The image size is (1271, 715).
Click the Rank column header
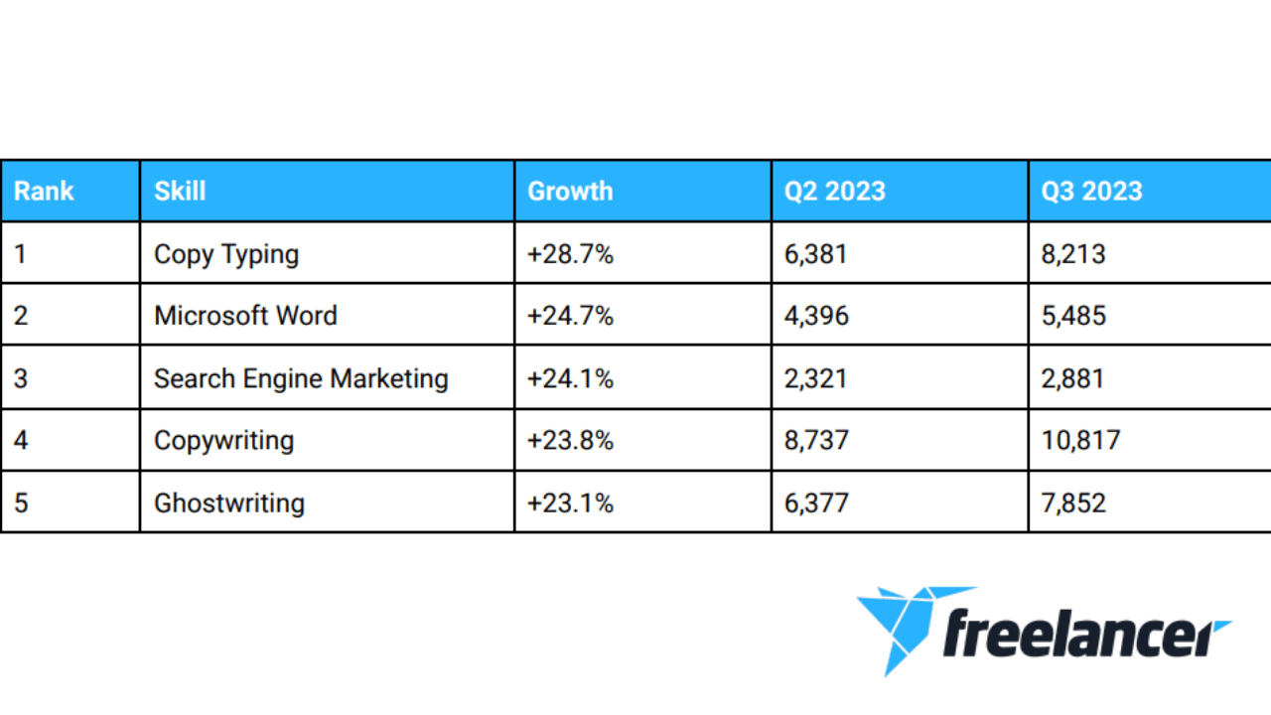(44, 192)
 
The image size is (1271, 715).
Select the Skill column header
(180, 192)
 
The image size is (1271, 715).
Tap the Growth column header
(570, 192)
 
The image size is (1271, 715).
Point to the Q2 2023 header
(835, 192)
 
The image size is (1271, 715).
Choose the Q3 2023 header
(1091, 192)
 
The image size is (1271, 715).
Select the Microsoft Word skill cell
(245, 316)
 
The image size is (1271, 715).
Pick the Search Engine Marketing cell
(301, 379)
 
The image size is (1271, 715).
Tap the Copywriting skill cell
(224, 441)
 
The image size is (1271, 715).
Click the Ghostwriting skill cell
(229, 503)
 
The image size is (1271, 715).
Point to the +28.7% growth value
(570, 254)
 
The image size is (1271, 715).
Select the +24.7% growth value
(570, 316)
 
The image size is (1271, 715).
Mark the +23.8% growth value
(570, 440)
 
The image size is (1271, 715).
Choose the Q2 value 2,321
(816, 379)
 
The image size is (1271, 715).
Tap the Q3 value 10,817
(1081, 441)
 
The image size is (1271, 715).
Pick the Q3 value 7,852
(1073, 503)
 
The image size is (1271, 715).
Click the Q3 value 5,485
(1073, 316)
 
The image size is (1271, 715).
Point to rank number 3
(21, 378)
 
